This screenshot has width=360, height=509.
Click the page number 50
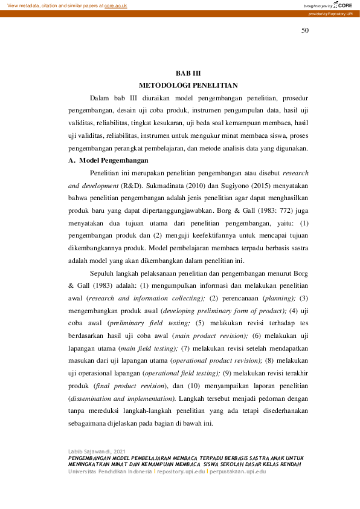click(304, 31)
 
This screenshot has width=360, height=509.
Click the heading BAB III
click(187, 73)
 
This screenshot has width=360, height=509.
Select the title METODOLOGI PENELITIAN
click(188, 85)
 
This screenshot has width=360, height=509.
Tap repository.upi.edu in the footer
click(181, 471)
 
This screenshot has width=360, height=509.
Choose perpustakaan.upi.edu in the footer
click(238, 471)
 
